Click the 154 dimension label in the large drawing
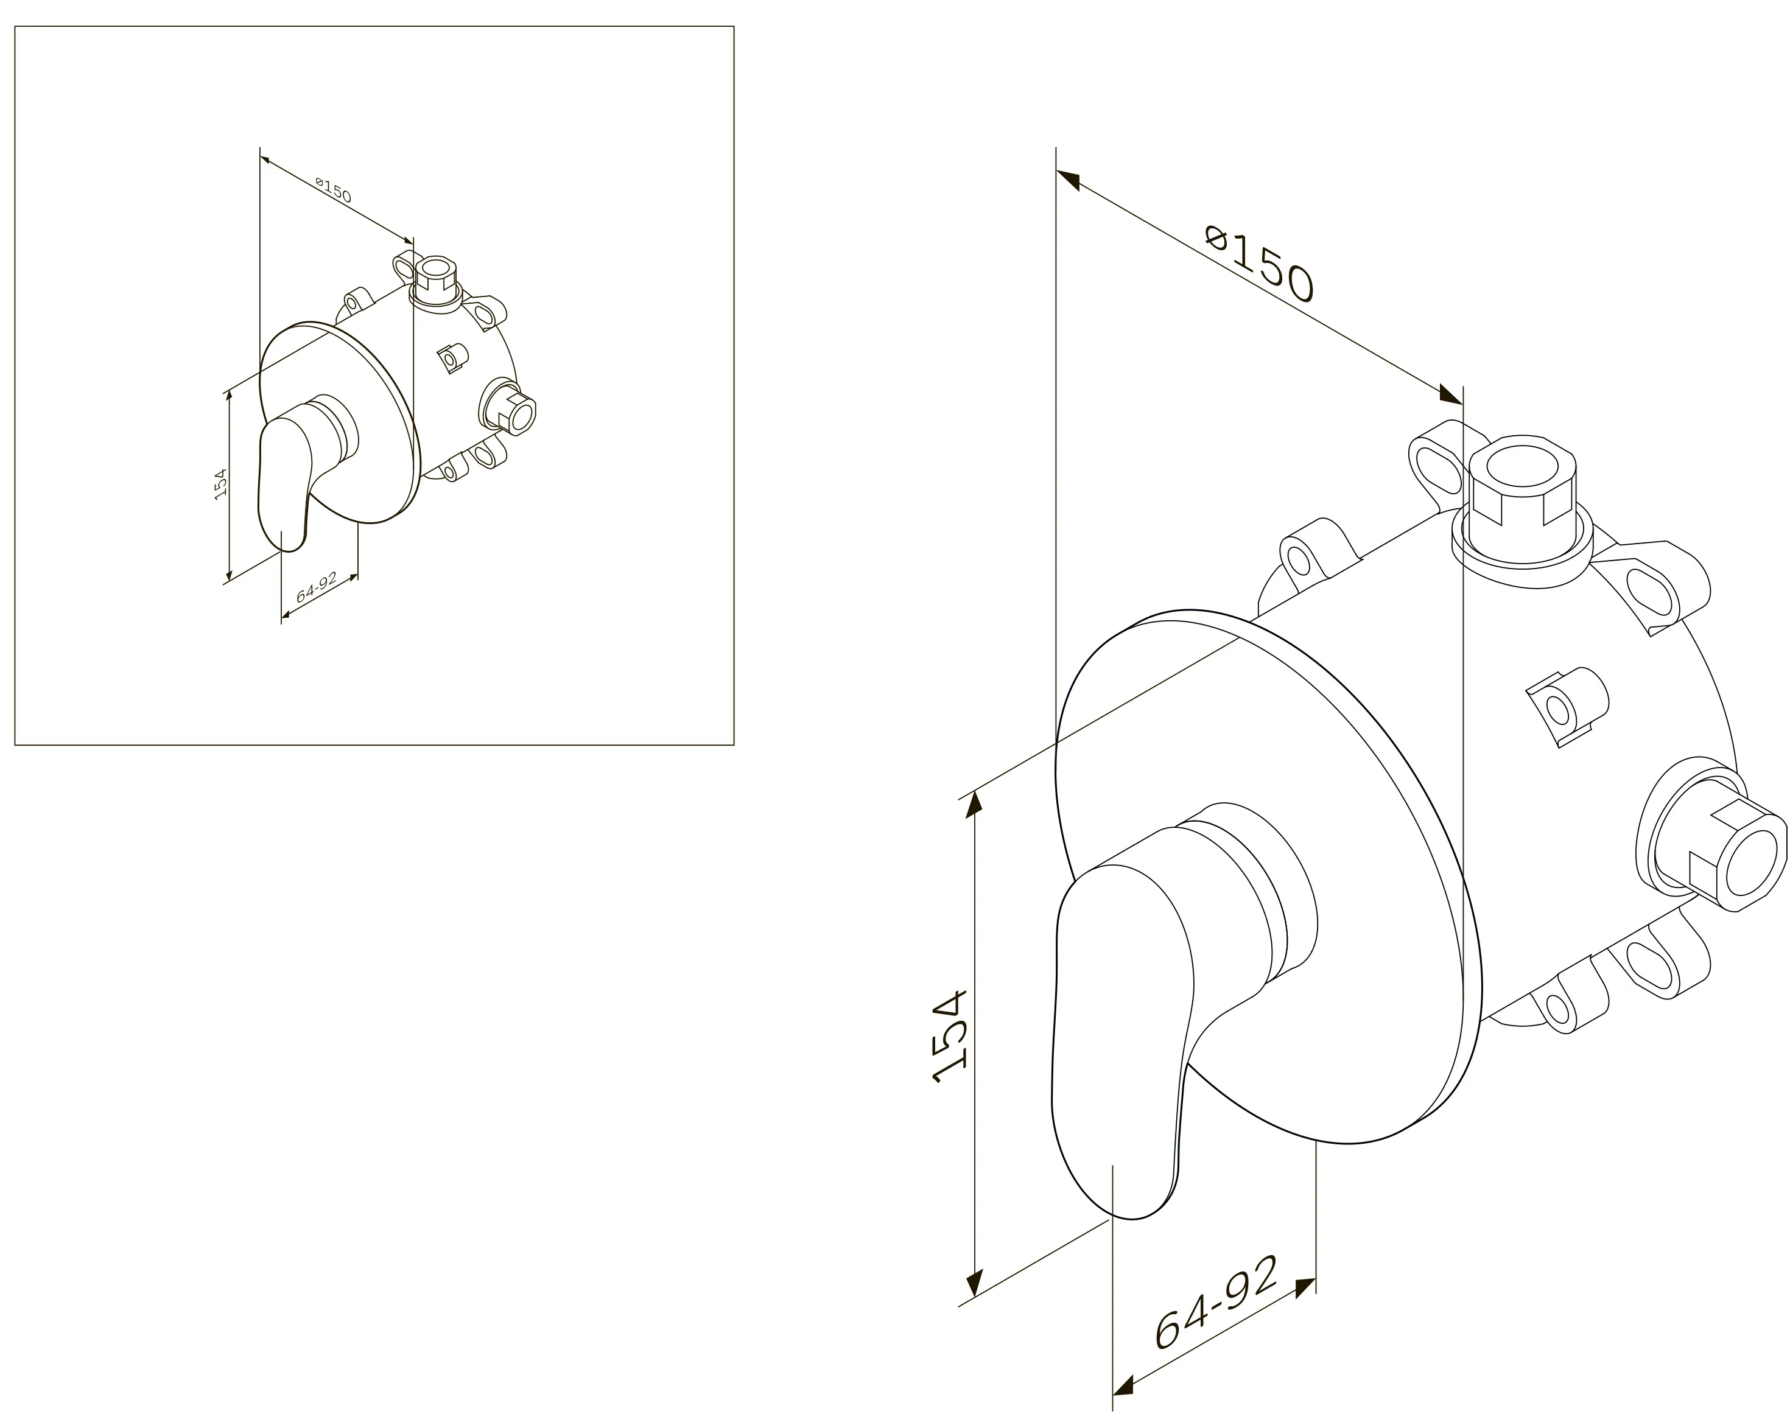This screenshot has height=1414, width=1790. point(949,1037)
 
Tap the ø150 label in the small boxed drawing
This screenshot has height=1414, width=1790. point(333,189)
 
